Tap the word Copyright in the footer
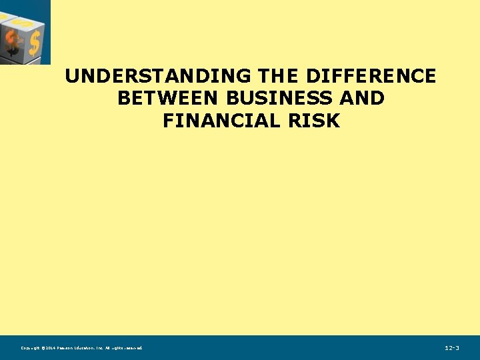(x=30, y=348)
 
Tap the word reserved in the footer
(x=133, y=348)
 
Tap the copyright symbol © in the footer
(x=43, y=348)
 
